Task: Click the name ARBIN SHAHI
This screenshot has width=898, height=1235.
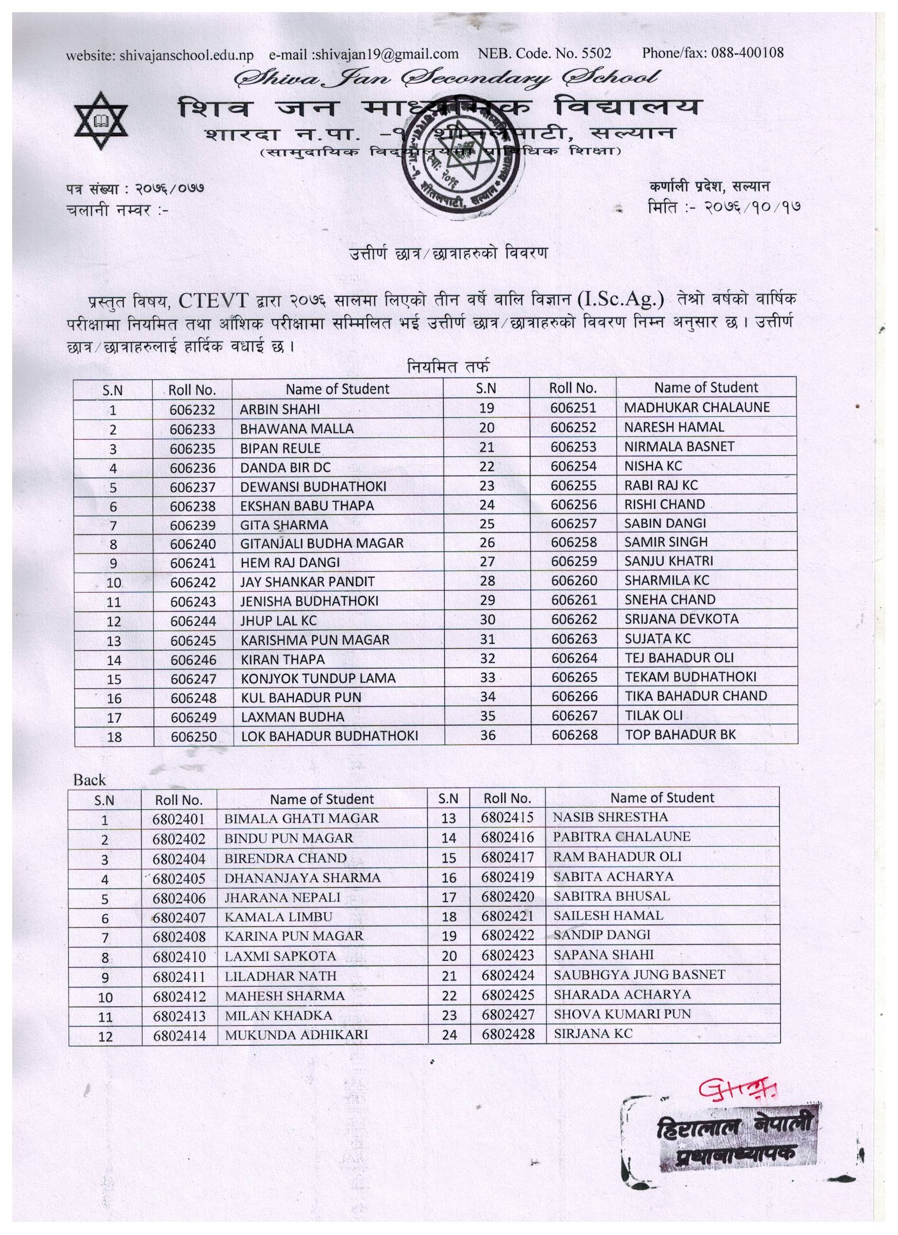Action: click(280, 409)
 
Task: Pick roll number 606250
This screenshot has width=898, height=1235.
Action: click(193, 737)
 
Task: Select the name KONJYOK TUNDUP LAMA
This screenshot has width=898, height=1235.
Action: click(318, 678)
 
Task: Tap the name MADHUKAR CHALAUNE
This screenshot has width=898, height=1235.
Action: click(697, 407)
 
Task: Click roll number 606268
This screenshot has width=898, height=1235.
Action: click(575, 735)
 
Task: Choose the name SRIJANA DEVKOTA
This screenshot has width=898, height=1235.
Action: click(681, 619)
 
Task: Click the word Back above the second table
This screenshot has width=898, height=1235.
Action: click(89, 780)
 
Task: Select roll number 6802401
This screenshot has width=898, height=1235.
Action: click(179, 818)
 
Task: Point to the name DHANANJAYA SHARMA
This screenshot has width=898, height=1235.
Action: click(302, 878)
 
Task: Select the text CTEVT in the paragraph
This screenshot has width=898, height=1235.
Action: click(214, 300)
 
